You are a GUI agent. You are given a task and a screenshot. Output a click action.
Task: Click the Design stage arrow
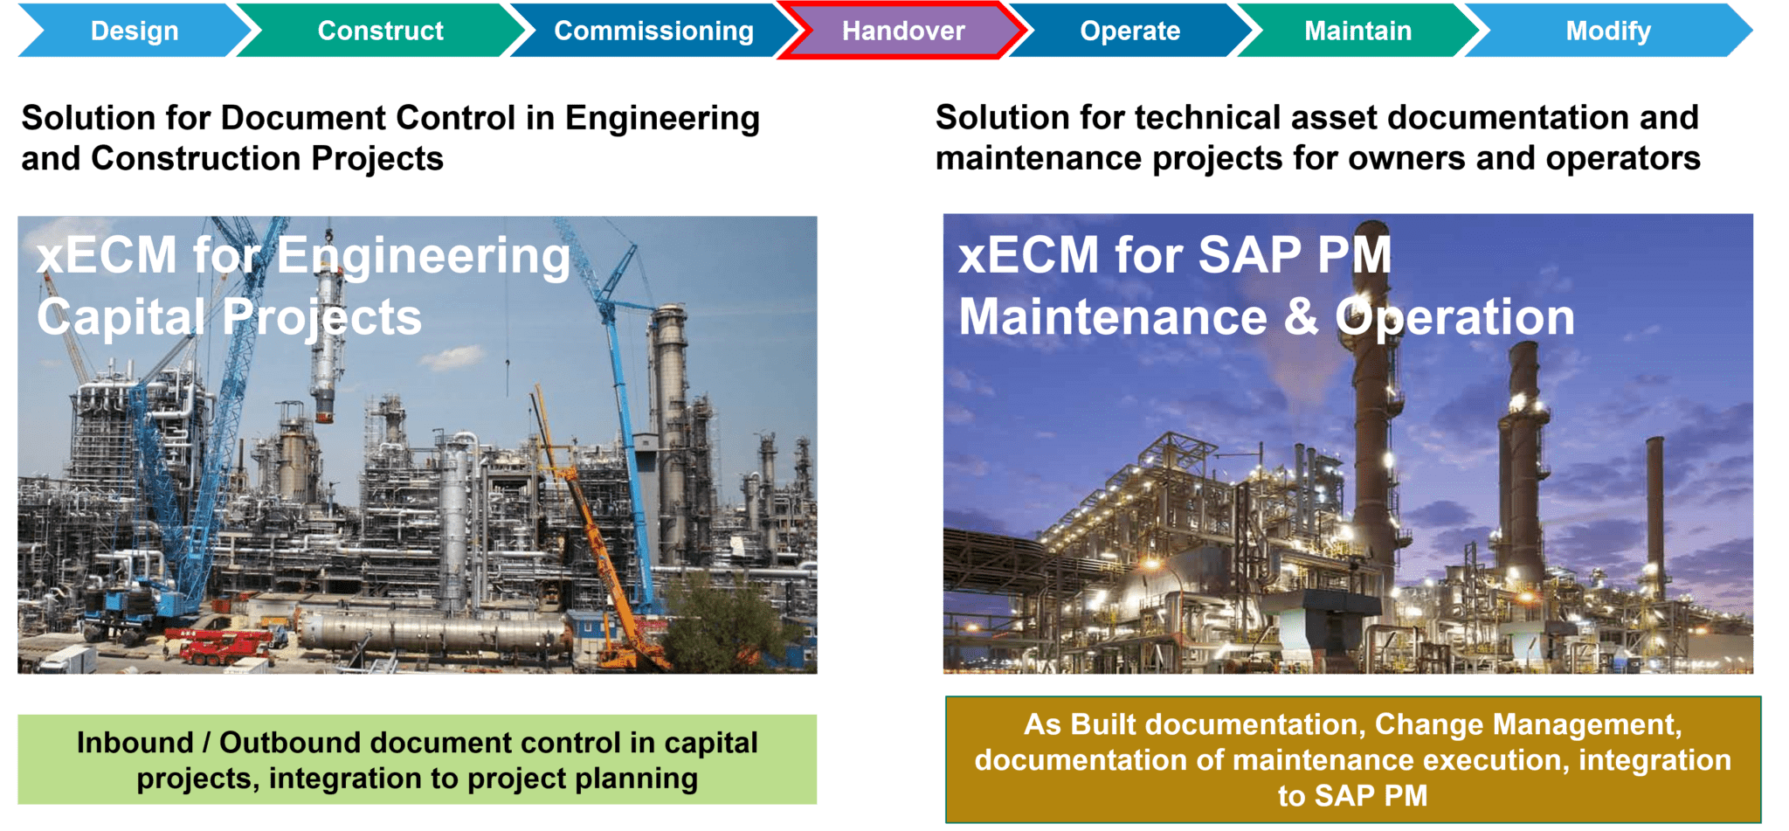tap(135, 31)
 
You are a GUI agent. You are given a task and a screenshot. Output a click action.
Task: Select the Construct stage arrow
tap(381, 31)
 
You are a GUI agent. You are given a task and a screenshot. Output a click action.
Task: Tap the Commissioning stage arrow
tap(653, 31)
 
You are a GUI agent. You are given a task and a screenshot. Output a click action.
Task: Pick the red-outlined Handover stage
tap(903, 31)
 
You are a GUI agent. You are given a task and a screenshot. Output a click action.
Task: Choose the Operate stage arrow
tap(1129, 31)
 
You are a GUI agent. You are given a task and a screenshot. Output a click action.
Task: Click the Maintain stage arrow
tap(1357, 31)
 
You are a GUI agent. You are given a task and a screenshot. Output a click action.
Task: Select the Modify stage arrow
tap(1607, 31)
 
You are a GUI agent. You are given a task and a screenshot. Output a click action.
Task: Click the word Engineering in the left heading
tap(662, 119)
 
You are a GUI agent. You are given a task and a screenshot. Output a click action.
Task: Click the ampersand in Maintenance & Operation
tap(1301, 316)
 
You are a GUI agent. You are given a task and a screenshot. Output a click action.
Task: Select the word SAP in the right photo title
tap(1249, 255)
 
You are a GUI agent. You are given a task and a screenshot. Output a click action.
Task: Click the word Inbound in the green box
tap(135, 743)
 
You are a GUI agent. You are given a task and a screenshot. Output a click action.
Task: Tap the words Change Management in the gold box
tap(1527, 724)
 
